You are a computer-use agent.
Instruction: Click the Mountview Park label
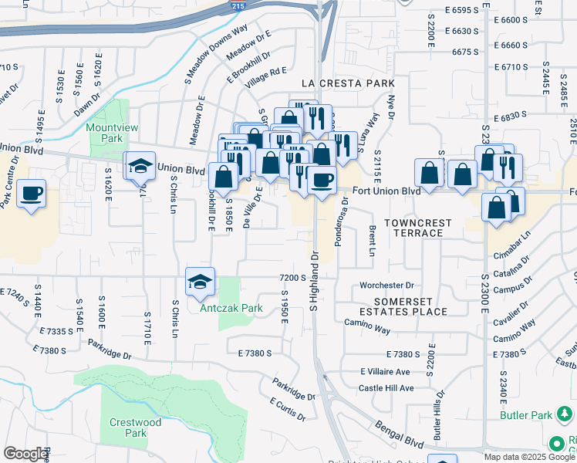tap(105, 133)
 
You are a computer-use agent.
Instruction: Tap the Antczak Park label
tap(231, 308)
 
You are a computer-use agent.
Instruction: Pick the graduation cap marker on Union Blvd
tap(140, 166)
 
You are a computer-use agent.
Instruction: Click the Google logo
tap(25, 454)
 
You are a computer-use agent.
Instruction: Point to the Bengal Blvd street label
tap(400, 434)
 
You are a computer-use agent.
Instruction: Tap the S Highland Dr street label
tap(314, 281)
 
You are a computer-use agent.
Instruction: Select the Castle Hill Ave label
tap(386, 388)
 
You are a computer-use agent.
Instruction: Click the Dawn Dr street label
tap(87, 107)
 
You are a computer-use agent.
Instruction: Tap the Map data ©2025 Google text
tap(529, 457)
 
